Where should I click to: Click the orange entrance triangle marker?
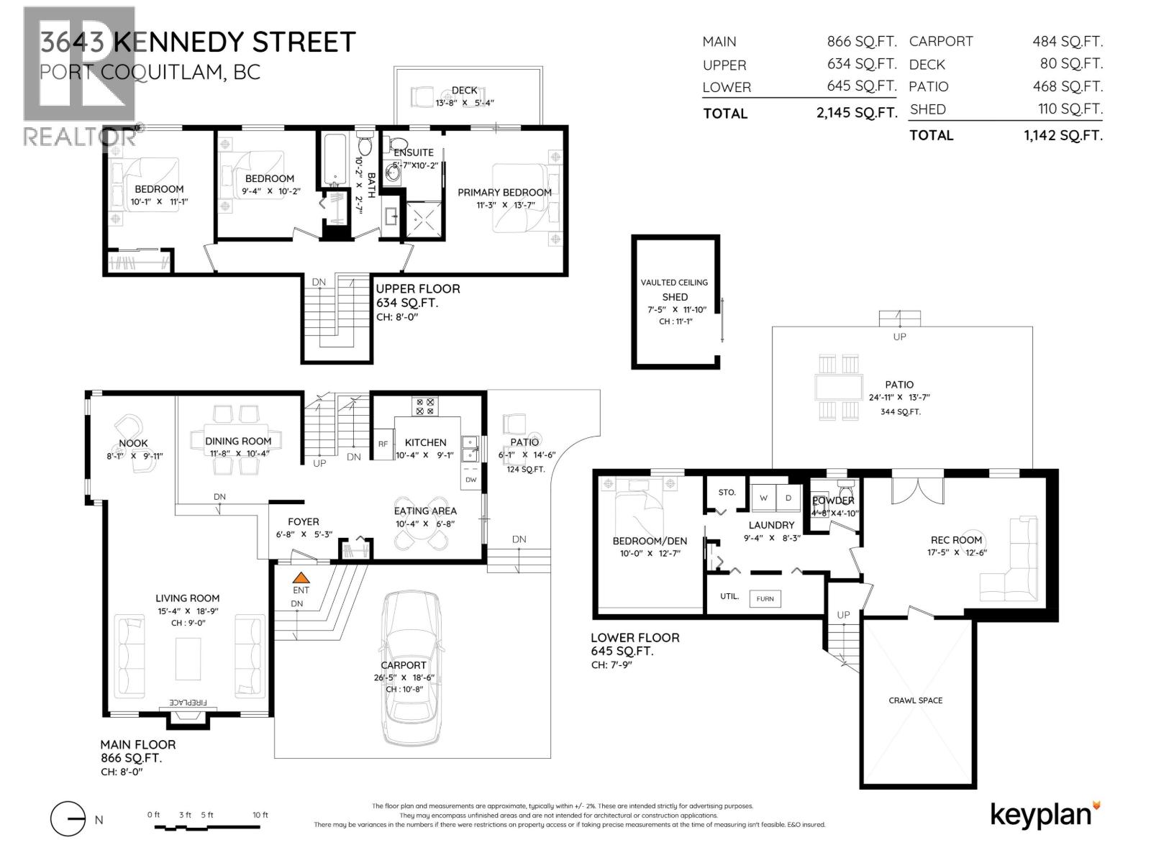301,576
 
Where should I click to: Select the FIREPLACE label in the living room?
188,702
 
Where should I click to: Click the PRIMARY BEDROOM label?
504,192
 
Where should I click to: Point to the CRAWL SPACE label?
915,700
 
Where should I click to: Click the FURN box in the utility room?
765,598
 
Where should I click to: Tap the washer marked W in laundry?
763,497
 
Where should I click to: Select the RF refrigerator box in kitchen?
383,444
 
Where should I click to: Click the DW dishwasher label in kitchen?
470,479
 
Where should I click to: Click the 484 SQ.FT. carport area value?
1067,42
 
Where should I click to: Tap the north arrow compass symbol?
68,819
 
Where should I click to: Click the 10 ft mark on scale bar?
260,815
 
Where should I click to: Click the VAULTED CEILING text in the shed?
674,283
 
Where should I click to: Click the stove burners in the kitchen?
424,406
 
